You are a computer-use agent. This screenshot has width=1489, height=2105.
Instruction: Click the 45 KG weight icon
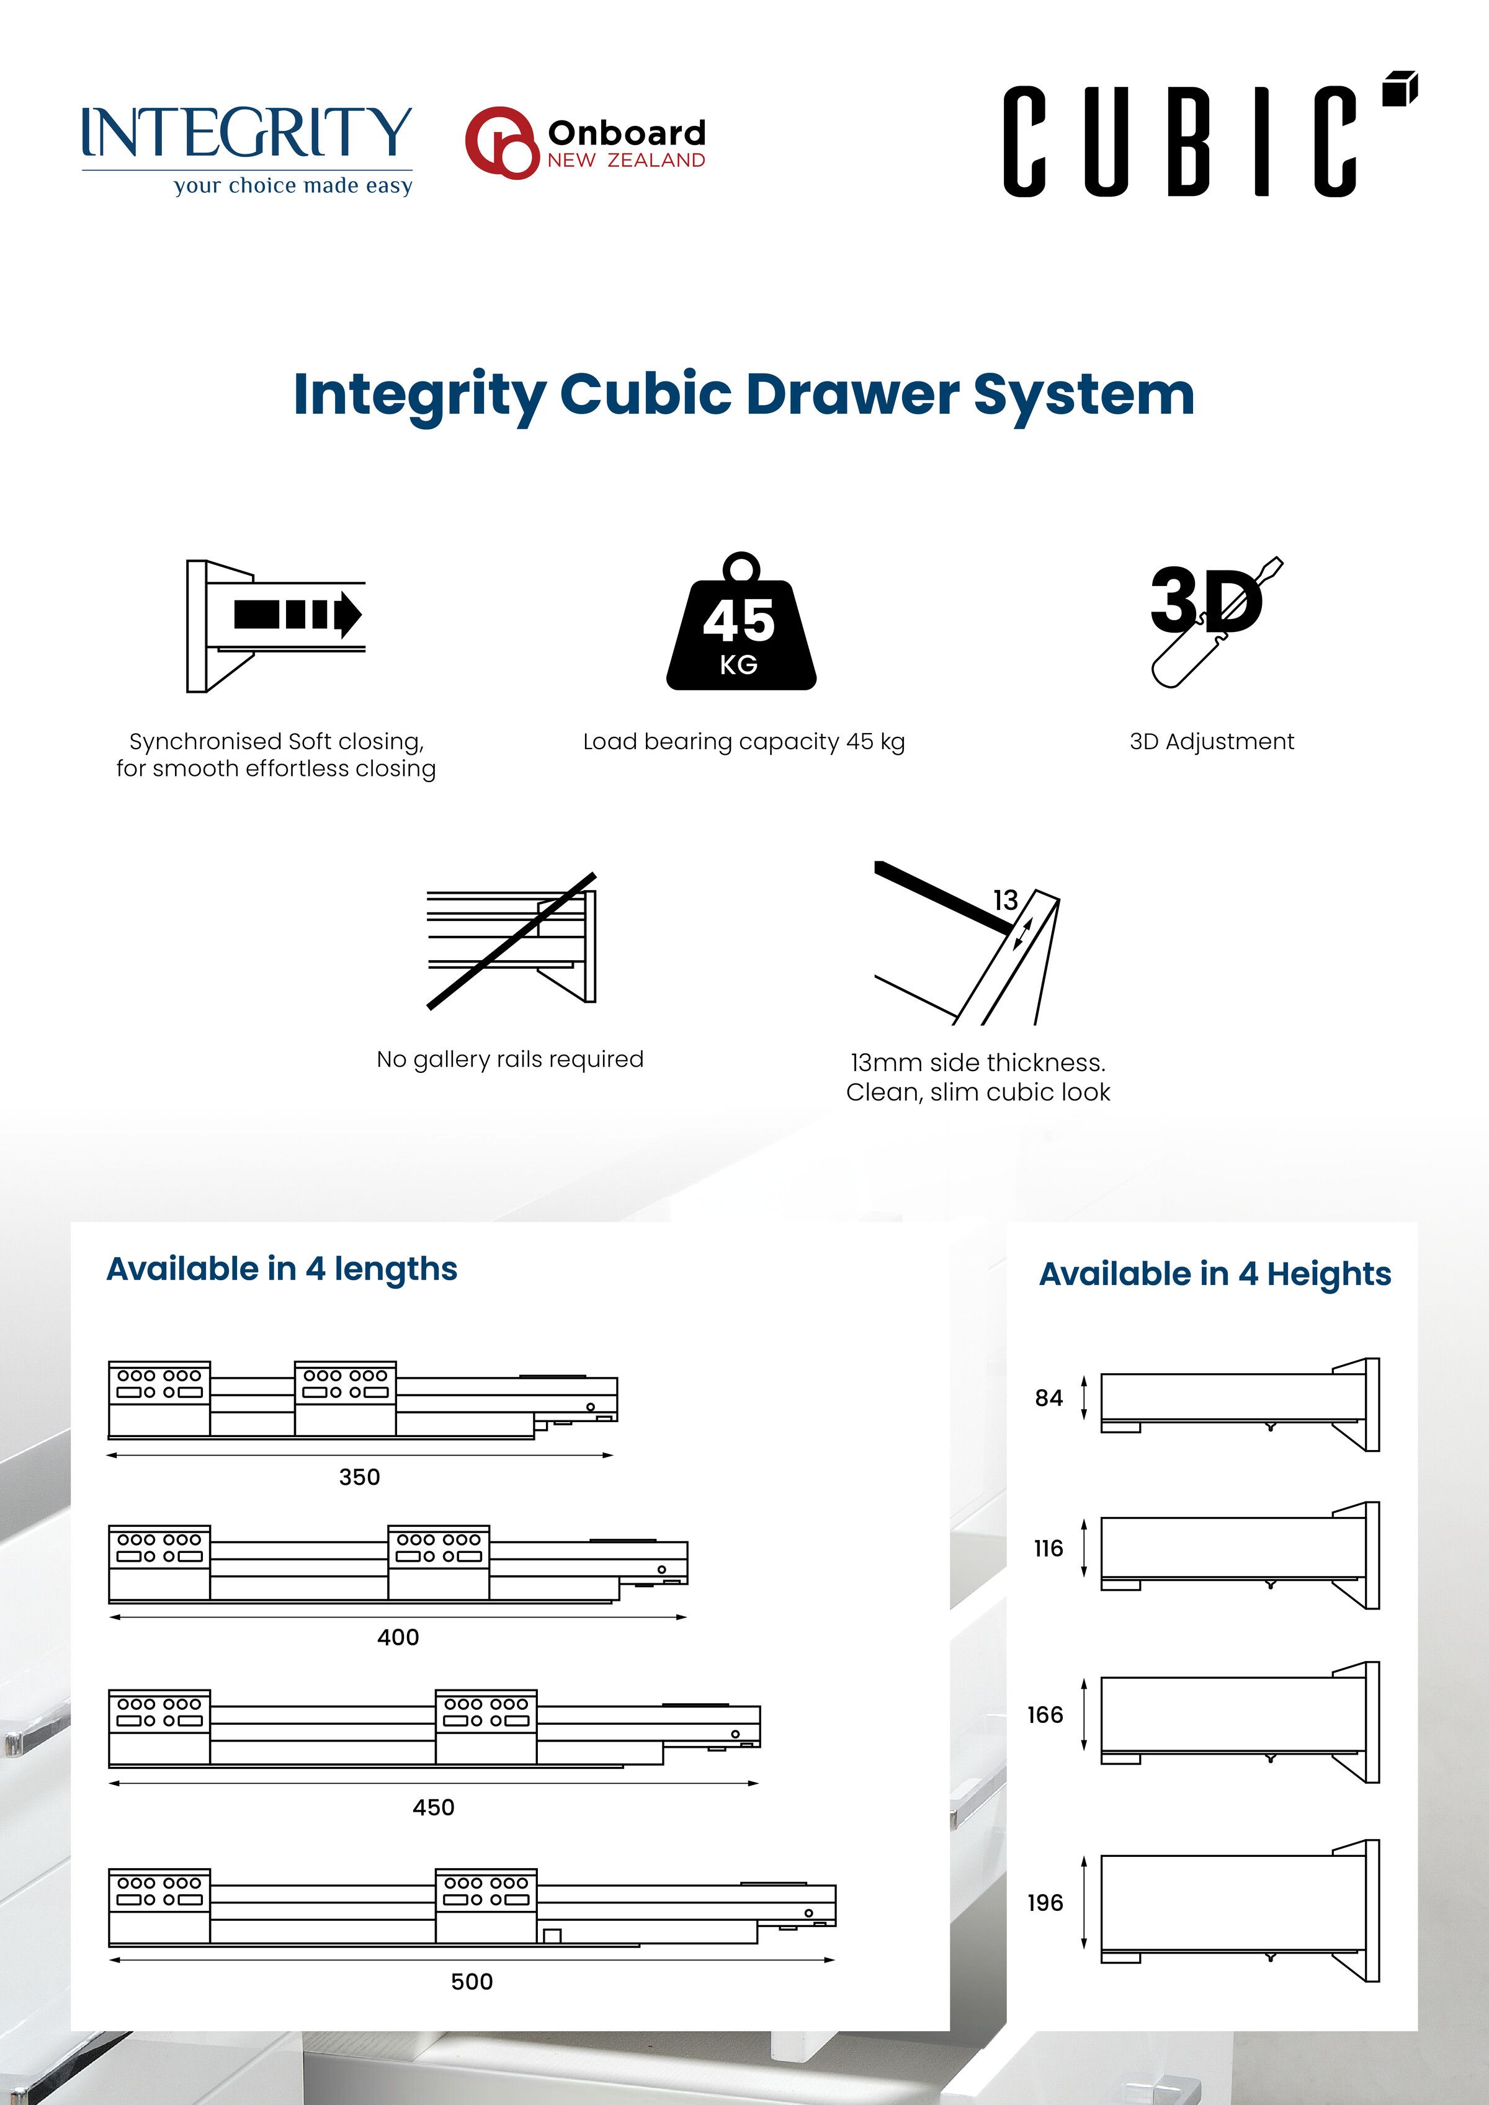click(741, 628)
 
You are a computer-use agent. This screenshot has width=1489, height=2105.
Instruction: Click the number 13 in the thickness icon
click(1005, 901)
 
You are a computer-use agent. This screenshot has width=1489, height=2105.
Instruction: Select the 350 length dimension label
click(359, 1477)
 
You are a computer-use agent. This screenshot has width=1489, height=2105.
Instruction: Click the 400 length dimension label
click(398, 1637)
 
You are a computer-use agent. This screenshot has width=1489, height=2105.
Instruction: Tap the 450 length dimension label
click(433, 1807)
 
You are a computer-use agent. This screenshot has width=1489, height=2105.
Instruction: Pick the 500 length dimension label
click(472, 1981)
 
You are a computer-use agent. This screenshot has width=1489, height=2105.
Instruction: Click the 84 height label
click(1048, 1398)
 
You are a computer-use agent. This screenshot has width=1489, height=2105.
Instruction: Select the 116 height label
click(1048, 1549)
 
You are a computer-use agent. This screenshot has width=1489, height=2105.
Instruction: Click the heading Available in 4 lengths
click(282, 1269)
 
